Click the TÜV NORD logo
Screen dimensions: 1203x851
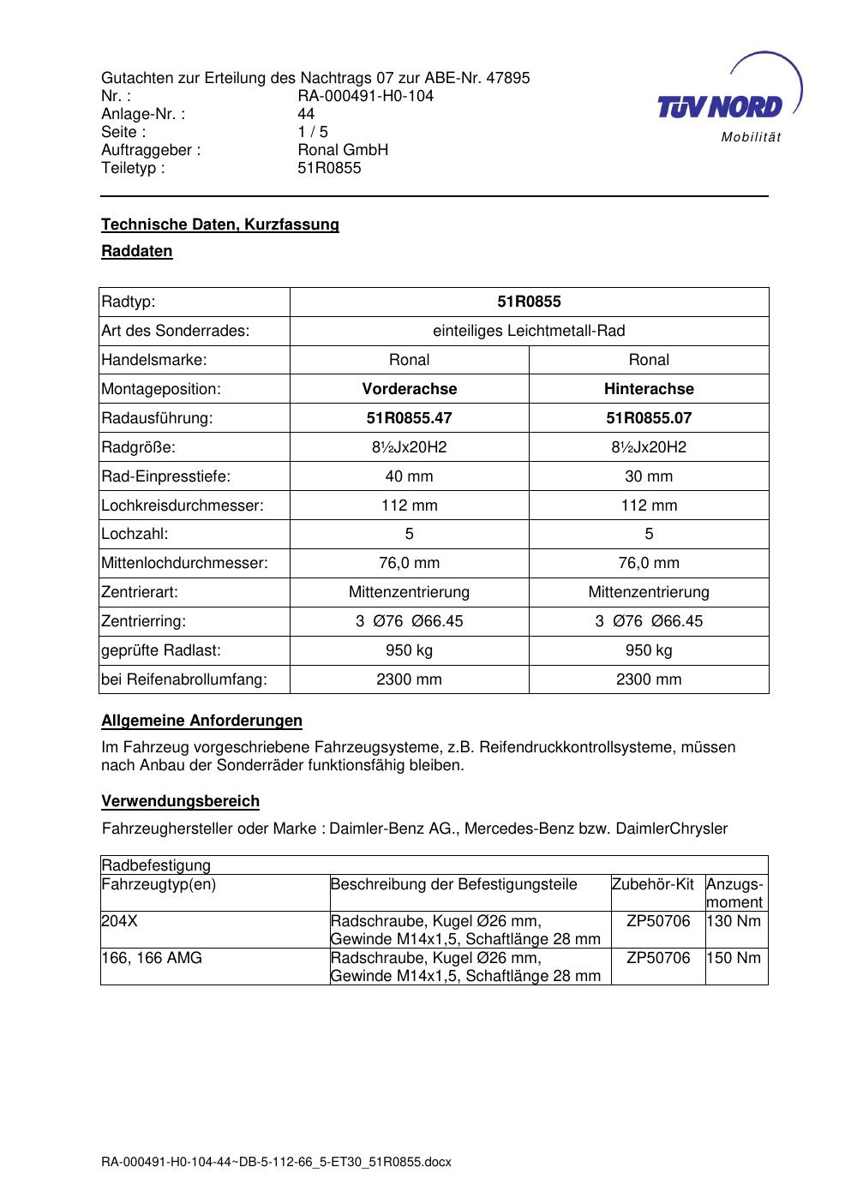tap(721, 106)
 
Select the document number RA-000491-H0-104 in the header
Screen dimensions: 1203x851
tap(365, 96)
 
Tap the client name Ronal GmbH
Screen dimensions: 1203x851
tap(343, 150)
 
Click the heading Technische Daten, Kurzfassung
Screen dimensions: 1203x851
tap(220, 224)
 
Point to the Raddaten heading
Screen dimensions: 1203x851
tap(137, 251)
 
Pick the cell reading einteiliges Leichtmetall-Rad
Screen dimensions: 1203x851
tap(529, 331)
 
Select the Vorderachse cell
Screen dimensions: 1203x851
tap(409, 389)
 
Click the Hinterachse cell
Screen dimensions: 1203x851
tap(649, 389)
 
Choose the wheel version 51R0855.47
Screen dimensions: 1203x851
tap(409, 418)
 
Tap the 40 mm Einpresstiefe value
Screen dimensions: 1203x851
tap(409, 476)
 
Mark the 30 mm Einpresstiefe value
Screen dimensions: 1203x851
tap(649, 476)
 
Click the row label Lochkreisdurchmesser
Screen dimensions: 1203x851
tap(183, 506)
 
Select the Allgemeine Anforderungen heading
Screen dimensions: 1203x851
tap(201, 721)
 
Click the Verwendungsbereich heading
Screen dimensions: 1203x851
tap(180, 801)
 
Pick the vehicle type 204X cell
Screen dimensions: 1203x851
tap(119, 921)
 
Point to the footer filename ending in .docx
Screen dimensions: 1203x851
tap(276, 1163)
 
